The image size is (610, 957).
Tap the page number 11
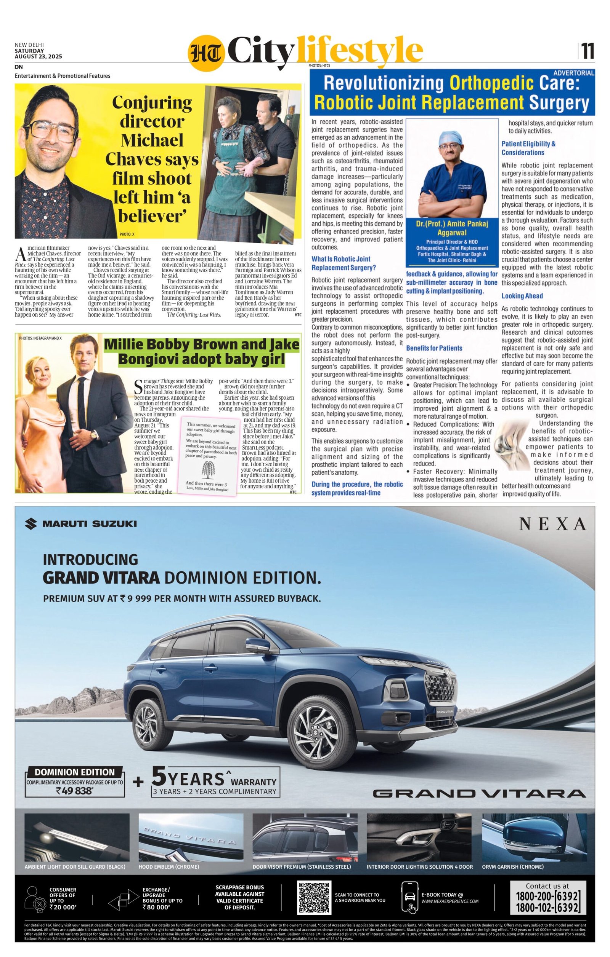588,51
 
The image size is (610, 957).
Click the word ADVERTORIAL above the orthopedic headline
573,73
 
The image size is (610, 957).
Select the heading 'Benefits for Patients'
434,348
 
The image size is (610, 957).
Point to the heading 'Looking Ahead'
522,296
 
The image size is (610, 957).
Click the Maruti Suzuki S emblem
31,523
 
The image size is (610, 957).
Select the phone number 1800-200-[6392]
548,896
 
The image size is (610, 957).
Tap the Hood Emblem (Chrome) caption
169,866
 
